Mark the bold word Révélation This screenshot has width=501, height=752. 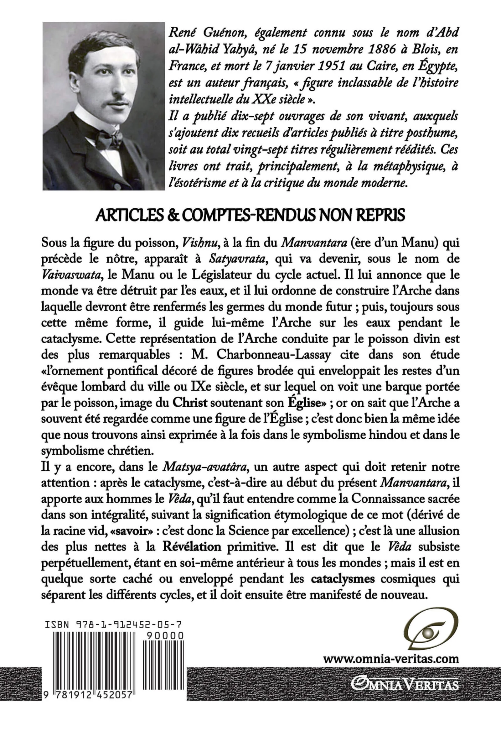coord(192,546)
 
